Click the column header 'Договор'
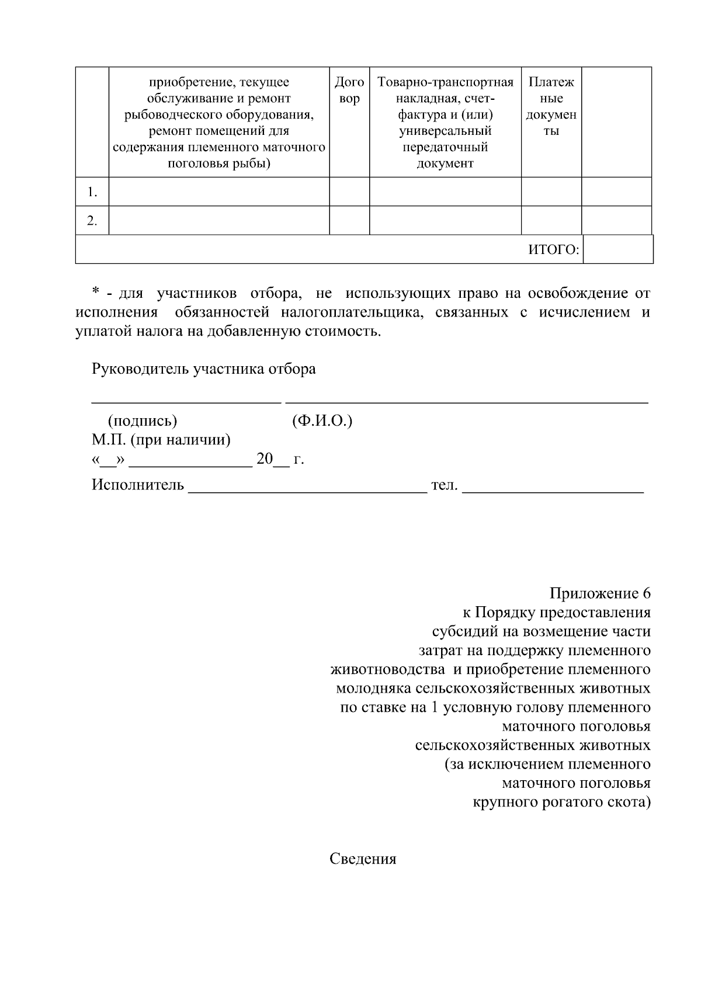click(349, 91)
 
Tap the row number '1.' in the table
click(92, 192)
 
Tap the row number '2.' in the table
click(92, 221)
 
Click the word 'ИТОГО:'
click(553, 250)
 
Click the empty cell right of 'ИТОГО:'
click(617, 250)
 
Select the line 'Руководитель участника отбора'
click(203, 369)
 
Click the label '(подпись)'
click(143, 420)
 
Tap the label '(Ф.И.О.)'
click(321, 420)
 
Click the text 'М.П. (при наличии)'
click(161, 439)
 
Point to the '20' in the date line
click(264, 459)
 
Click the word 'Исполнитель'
click(137, 485)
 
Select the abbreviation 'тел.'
click(444, 485)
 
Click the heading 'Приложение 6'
click(599, 594)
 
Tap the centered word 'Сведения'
click(363, 859)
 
